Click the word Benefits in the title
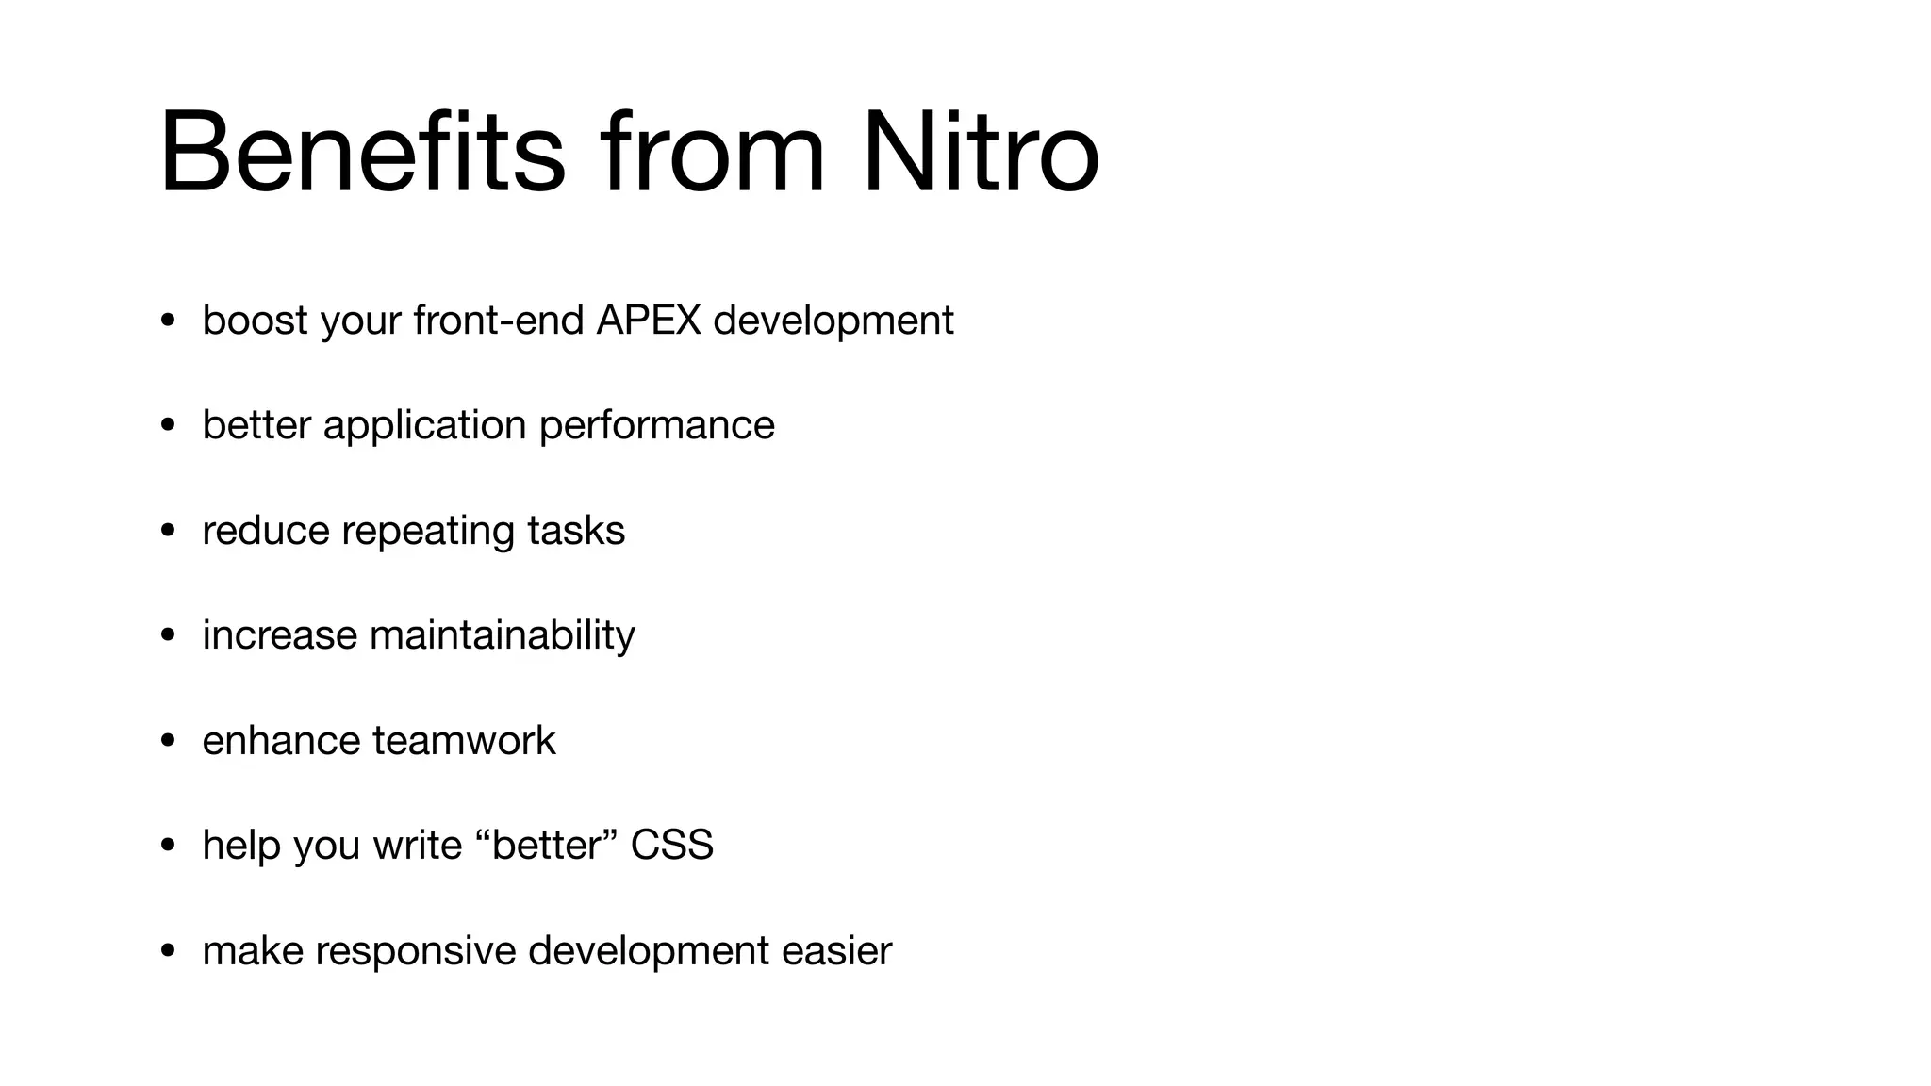pos(363,153)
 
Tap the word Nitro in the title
pos(980,153)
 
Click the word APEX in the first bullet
pos(649,321)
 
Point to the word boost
pos(255,321)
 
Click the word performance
pos(656,425)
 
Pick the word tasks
pos(576,530)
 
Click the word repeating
pos(428,532)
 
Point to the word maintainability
pos(502,635)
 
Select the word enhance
pos(281,740)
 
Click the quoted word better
pos(546,845)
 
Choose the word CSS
pos(671,845)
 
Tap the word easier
pos(836,950)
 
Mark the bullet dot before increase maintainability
pos(168,635)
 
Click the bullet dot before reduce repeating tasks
pos(168,531)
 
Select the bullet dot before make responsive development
pos(168,950)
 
